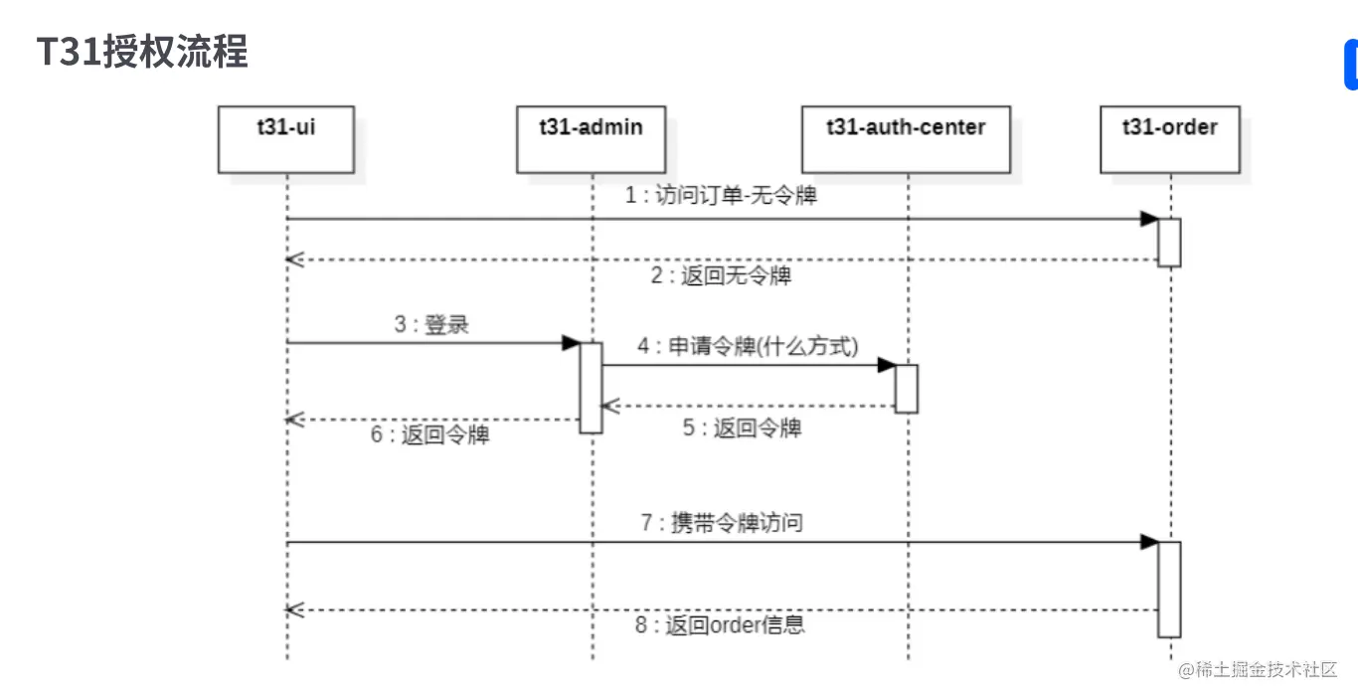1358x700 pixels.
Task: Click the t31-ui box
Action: [x=286, y=138]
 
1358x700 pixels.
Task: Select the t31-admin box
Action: [x=592, y=138]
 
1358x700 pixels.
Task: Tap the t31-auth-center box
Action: [x=906, y=138]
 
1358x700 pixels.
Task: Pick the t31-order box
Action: [x=1170, y=138]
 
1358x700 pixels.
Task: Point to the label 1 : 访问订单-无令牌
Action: [x=721, y=196]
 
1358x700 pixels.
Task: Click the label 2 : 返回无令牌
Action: [x=721, y=275]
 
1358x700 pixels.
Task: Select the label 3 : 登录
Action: [x=430, y=324]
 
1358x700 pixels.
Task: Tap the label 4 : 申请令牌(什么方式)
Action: [x=749, y=346]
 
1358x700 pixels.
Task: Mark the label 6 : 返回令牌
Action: [x=430, y=435]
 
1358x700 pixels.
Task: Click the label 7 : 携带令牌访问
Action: [x=723, y=522]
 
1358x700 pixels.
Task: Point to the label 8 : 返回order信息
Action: [x=721, y=624]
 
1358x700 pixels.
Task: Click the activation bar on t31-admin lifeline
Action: [x=592, y=388]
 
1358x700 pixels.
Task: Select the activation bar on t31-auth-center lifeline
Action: [x=906, y=389]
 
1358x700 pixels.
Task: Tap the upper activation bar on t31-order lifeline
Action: [x=1169, y=243]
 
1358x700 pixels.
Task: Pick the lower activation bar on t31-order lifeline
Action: [x=1169, y=589]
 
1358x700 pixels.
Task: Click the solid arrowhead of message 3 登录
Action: [x=571, y=343]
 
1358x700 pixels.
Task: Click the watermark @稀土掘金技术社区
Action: [x=1259, y=670]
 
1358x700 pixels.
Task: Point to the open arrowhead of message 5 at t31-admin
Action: [x=609, y=406]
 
